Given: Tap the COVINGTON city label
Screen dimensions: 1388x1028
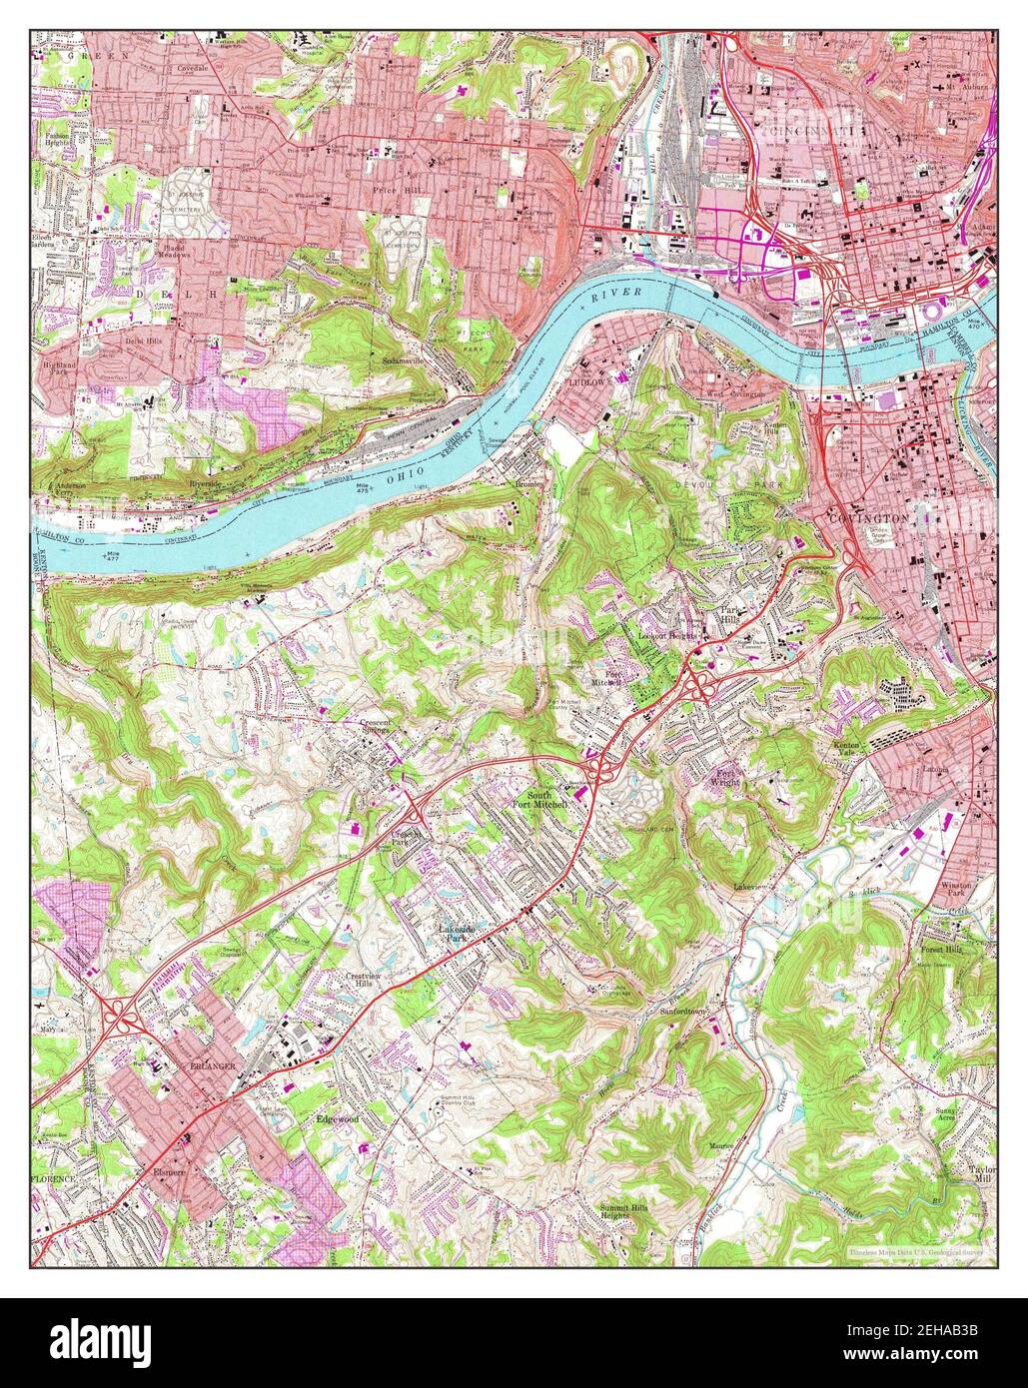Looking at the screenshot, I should pyautogui.click(x=866, y=518).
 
